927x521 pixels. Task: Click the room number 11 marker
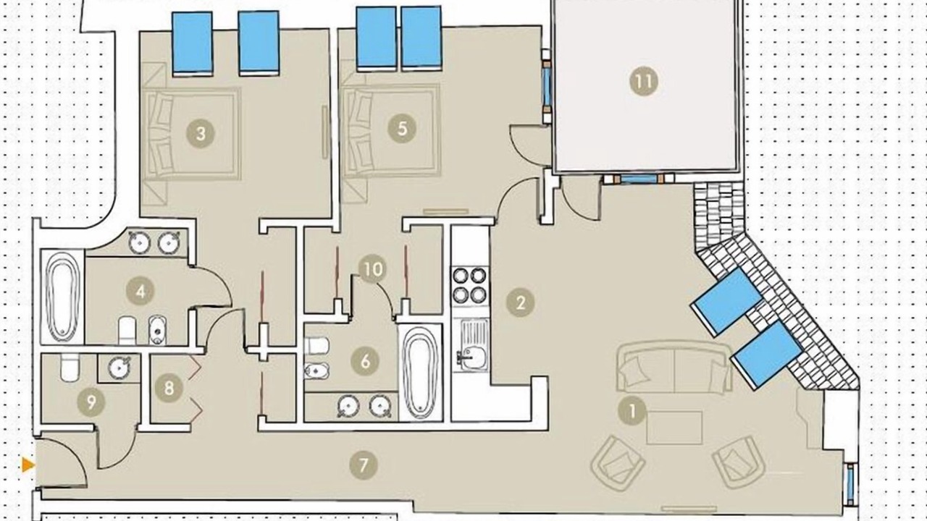tap(644, 81)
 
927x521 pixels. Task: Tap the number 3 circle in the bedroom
tap(201, 133)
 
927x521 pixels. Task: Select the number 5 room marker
tap(402, 129)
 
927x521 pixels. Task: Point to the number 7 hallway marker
tap(364, 465)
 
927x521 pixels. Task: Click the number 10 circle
tap(373, 269)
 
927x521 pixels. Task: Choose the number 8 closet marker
tap(169, 389)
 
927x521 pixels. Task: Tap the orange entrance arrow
tap(28, 465)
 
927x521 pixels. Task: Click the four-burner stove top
tap(470, 284)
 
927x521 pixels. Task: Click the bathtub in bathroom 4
tap(62, 296)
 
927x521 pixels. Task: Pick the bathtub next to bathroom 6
tap(419, 374)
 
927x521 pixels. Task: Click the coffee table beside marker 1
tap(674, 428)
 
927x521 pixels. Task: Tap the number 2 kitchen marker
tap(520, 302)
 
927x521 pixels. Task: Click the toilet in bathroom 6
tap(316, 345)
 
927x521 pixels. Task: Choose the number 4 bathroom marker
tap(140, 291)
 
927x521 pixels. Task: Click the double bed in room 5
tap(391, 130)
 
